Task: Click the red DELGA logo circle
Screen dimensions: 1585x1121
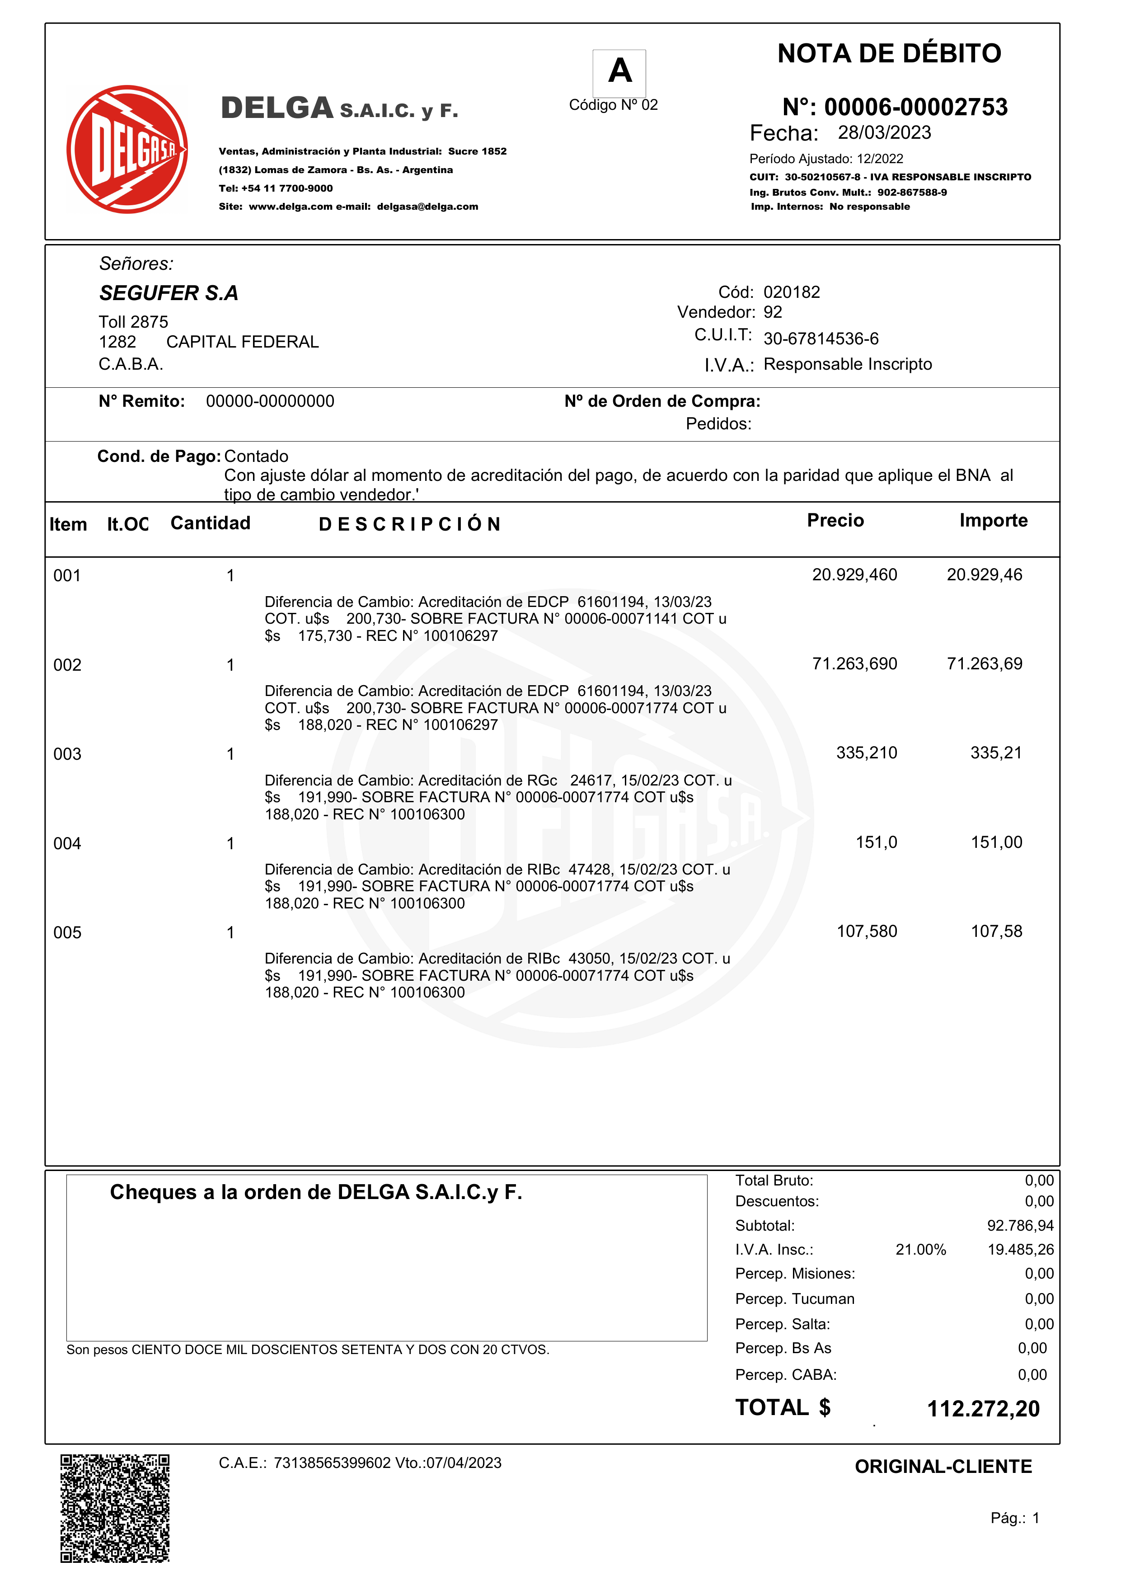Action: [x=127, y=149]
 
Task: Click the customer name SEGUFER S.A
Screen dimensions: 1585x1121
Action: [x=169, y=293]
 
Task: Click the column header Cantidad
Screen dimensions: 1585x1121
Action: [x=211, y=523]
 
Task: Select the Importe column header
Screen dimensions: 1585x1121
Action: [x=993, y=521]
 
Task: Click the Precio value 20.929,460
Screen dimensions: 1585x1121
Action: [x=854, y=575]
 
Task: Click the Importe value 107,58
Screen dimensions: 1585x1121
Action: [x=995, y=932]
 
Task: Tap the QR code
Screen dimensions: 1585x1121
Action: [x=115, y=1508]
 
